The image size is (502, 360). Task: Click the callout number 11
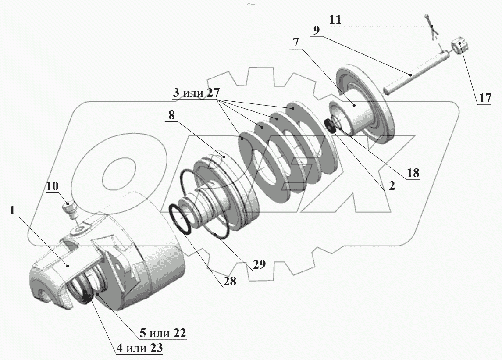[337, 20]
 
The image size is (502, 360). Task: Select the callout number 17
[484, 99]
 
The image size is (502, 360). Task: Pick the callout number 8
[171, 116]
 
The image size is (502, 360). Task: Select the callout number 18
[413, 173]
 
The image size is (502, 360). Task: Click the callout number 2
[389, 186]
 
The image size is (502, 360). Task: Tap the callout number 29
[259, 265]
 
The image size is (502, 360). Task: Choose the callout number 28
[229, 282]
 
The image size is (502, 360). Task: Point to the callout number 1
[13, 210]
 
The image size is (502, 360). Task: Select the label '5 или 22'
[162, 333]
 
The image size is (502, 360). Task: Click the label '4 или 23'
[139, 349]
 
